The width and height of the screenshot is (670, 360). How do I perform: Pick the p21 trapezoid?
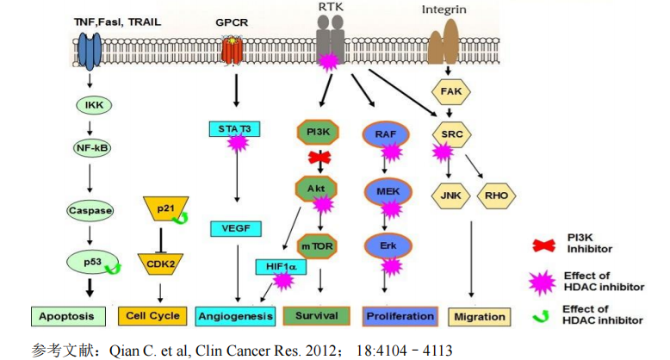pyautogui.click(x=164, y=209)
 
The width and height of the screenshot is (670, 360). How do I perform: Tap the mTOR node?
pyautogui.click(x=319, y=246)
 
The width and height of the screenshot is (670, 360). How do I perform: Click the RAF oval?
pyautogui.click(x=386, y=134)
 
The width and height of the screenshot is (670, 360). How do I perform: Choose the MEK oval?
pyautogui.click(x=386, y=190)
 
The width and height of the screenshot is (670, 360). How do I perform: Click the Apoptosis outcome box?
pyautogui.click(x=66, y=316)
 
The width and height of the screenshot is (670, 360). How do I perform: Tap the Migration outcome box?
pyautogui.click(x=479, y=316)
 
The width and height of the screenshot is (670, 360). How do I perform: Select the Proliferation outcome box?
pyautogui.click(x=400, y=316)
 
